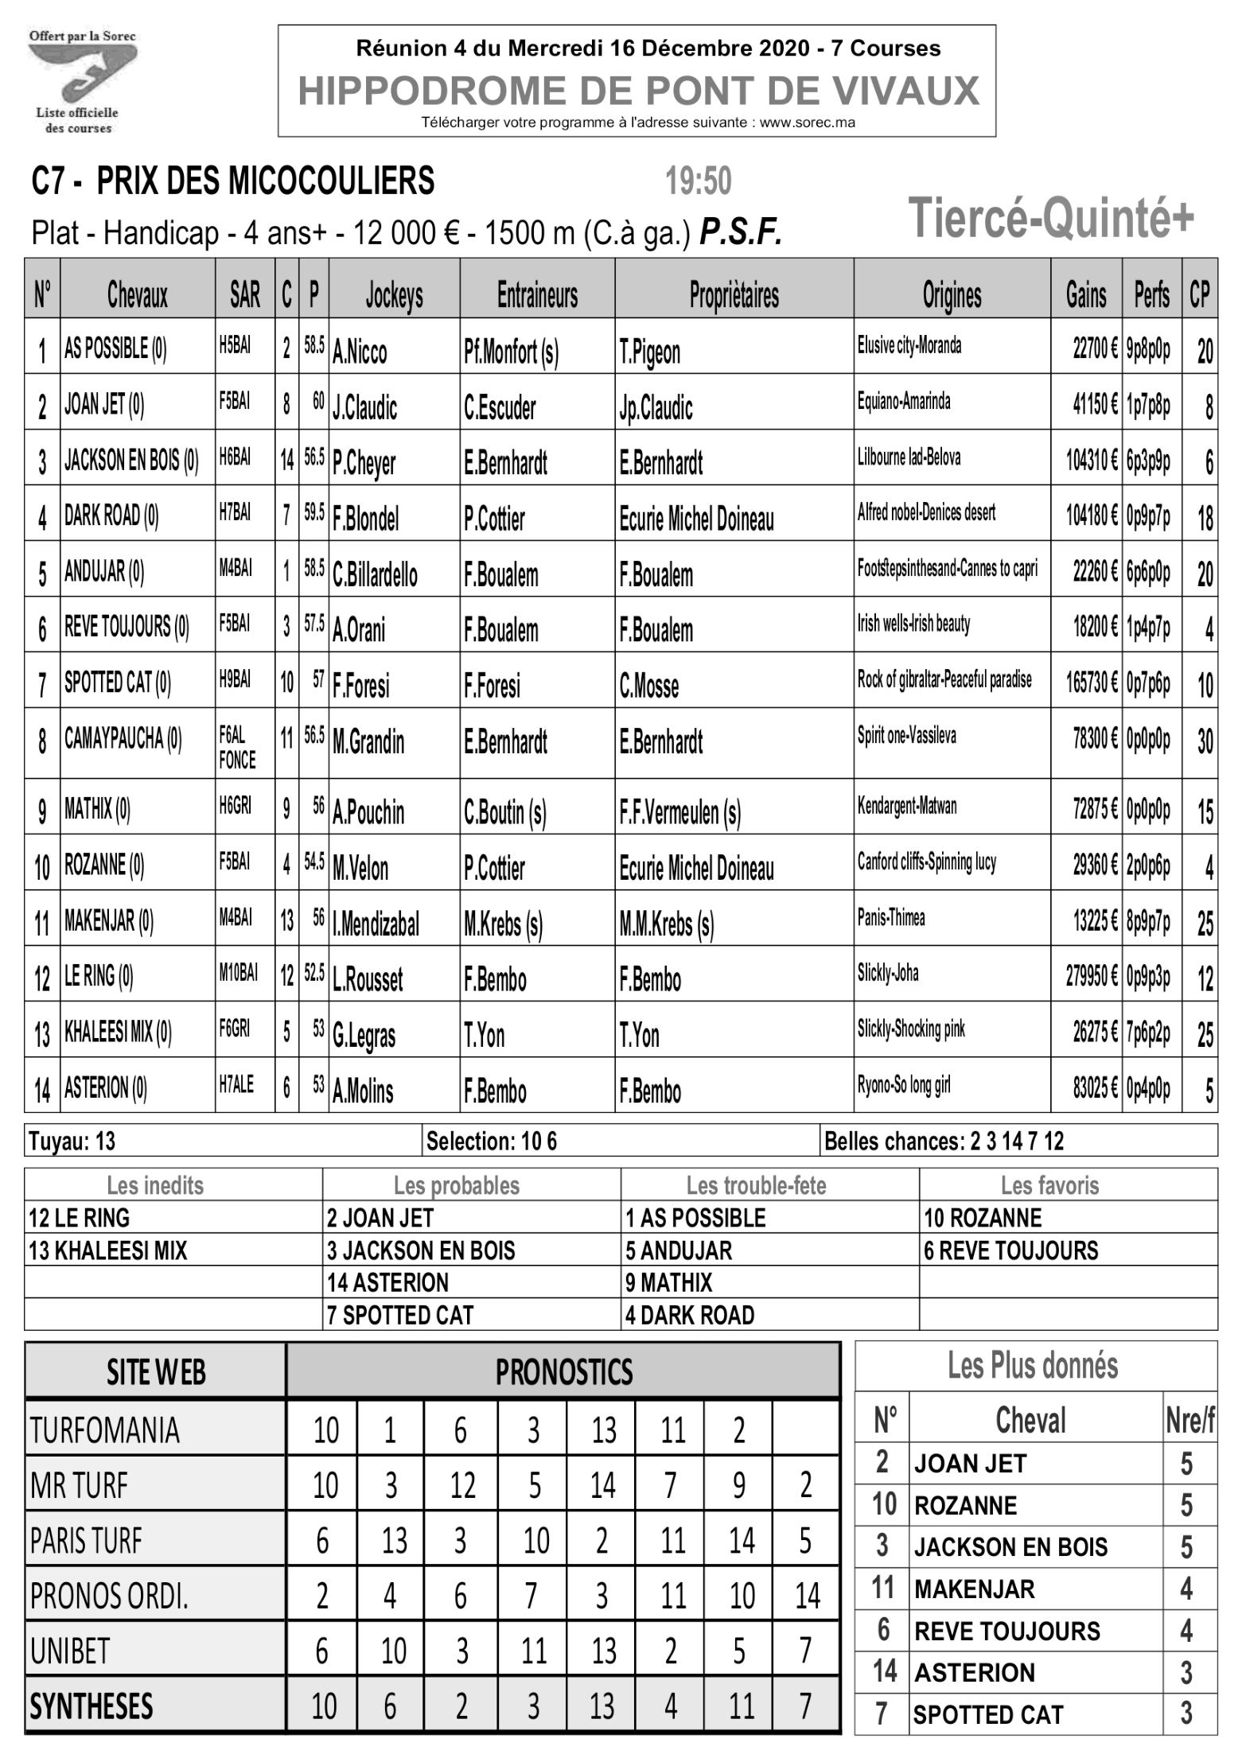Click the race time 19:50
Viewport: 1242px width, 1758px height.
698,181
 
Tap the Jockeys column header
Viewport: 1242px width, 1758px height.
394,295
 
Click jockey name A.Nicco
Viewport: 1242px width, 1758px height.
360,352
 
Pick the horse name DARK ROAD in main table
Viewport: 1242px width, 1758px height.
111,517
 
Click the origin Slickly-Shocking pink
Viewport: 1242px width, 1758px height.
910,1029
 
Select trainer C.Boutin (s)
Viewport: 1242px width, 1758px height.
504,812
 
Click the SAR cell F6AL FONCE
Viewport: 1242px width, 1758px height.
237,749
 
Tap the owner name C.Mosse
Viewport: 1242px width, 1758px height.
648,686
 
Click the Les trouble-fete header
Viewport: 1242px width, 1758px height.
756,1185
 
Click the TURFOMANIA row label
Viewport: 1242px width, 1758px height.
105,1430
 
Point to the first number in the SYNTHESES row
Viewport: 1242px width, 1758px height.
324,1705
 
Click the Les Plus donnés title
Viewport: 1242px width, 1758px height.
1032,1366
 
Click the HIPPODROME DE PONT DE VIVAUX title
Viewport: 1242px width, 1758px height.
637,90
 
